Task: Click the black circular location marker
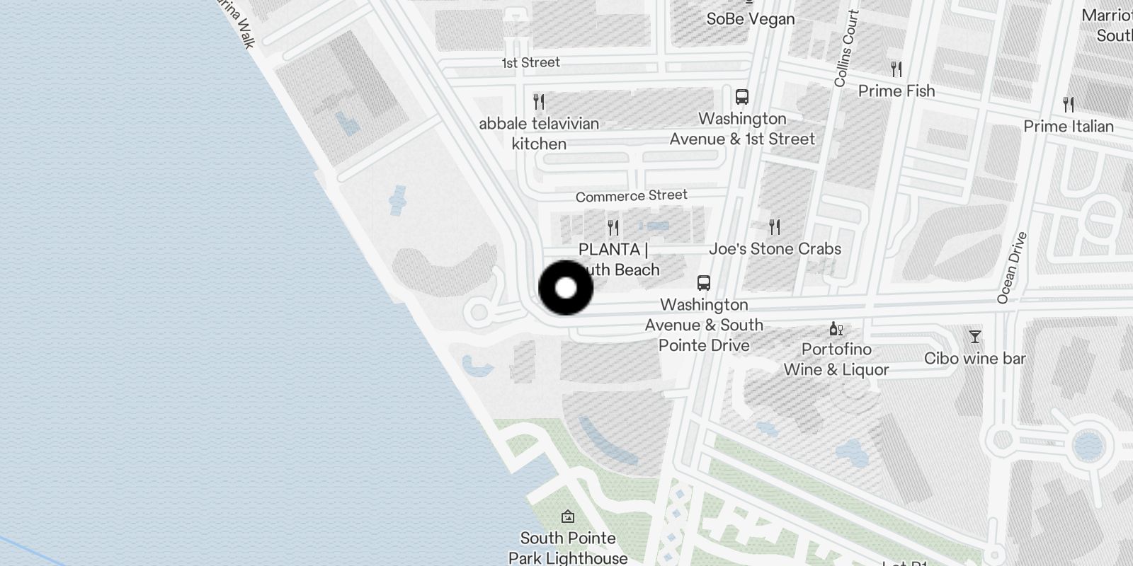pos(566,288)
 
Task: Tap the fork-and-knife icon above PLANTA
pos(613,228)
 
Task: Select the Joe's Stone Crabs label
pos(775,249)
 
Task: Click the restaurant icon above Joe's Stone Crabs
pos(775,227)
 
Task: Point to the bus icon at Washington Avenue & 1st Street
pos(742,97)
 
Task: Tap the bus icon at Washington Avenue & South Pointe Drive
pos(703,283)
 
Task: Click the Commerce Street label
pos(631,196)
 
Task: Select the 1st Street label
pos(530,63)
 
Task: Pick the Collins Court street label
pos(846,49)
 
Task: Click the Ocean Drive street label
pos(1011,268)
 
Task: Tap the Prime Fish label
pos(896,91)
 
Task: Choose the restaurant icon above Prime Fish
pos(896,69)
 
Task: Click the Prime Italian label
pos(1068,127)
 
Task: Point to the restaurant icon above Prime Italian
pos(1069,105)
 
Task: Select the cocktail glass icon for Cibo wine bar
pos(975,337)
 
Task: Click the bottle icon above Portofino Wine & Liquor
pos(836,329)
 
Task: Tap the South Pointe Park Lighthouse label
pos(568,548)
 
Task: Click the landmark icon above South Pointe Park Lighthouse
pos(568,517)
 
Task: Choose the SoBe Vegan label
pos(750,19)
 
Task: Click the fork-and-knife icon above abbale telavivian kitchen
pos(539,102)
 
